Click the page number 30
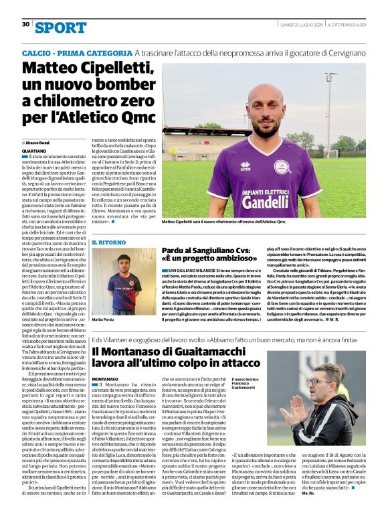[x=25, y=24]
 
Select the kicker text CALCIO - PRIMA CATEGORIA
[x=76, y=52]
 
